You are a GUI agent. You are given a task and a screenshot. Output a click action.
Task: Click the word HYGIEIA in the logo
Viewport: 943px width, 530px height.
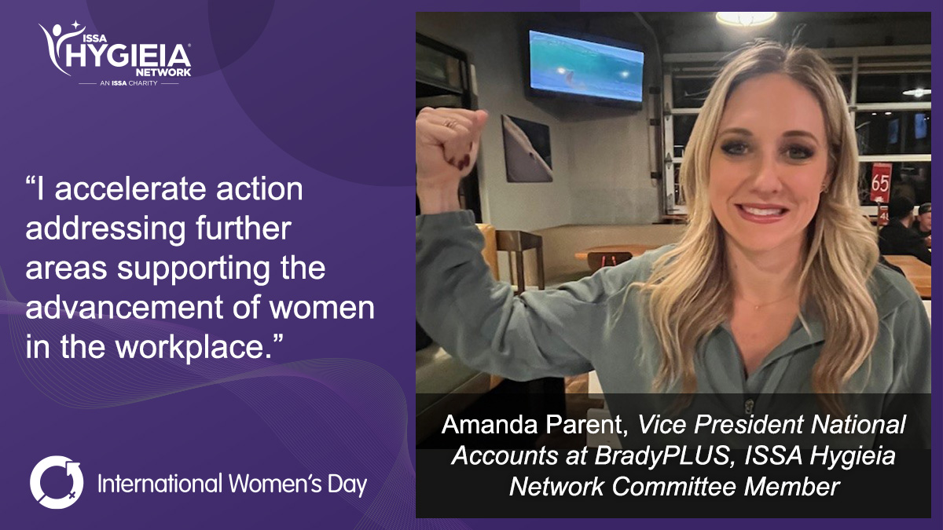[x=128, y=56]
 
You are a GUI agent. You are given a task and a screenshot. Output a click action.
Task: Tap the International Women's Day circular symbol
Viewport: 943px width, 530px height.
[x=57, y=482]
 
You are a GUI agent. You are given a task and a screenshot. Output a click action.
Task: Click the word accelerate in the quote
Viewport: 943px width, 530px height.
[x=130, y=189]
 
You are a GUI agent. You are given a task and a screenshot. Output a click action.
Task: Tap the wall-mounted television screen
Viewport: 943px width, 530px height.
[x=586, y=66]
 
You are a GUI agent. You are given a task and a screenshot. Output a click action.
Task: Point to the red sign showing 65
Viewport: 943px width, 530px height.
[x=881, y=182]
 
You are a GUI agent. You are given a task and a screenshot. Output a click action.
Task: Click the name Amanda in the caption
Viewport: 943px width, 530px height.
[x=490, y=424]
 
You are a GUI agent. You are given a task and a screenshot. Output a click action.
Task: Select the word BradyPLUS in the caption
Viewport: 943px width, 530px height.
[x=662, y=455]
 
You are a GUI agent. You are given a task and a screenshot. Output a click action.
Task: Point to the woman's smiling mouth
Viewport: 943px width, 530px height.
[x=762, y=211]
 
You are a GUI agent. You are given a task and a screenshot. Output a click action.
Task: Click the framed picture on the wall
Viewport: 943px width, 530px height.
[x=527, y=148]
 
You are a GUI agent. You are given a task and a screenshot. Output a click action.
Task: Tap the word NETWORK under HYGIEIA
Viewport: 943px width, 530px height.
[x=163, y=72]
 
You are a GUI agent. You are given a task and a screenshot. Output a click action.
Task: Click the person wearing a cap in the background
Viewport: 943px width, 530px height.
[x=926, y=227]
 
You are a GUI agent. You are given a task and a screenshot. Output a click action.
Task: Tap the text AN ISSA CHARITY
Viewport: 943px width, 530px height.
[x=128, y=83]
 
